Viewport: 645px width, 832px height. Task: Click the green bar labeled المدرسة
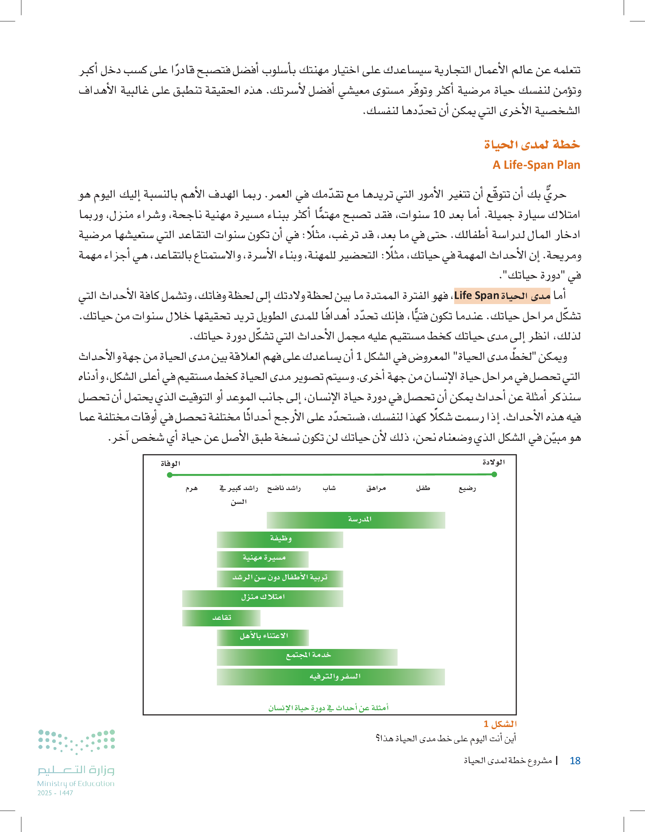(356, 520)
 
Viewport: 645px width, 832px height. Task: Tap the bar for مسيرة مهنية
(263, 559)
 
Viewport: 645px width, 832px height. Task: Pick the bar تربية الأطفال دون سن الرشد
(280, 578)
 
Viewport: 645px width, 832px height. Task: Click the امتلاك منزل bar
(262, 598)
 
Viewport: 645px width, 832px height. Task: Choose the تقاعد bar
(221, 618)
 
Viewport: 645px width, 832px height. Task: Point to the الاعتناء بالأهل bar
(263, 637)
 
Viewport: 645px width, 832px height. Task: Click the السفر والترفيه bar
(331, 677)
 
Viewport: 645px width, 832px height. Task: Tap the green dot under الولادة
(494, 474)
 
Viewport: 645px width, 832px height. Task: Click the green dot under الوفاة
(170, 475)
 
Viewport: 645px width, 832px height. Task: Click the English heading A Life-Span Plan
(536, 165)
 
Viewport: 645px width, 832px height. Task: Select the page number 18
(575, 761)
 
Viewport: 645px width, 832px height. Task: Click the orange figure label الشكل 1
(500, 724)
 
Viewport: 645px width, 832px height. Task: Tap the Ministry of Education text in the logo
(75, 784)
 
